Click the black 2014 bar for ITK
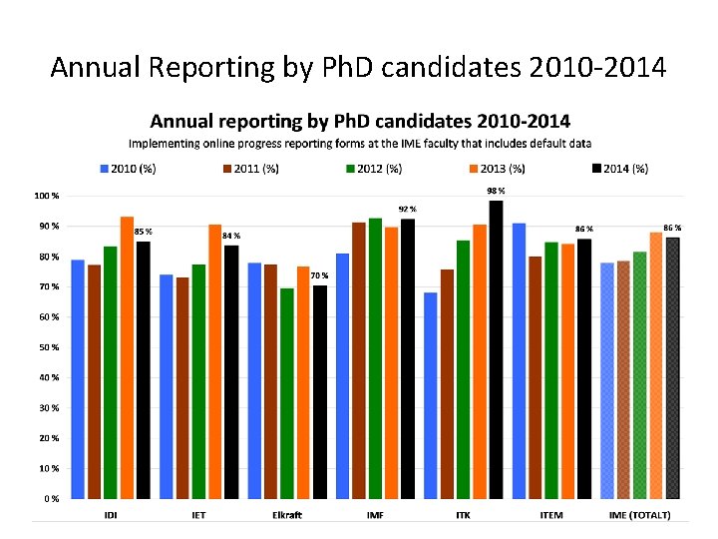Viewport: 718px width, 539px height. coord(496,349)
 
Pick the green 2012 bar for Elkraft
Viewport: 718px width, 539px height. coord(287,393)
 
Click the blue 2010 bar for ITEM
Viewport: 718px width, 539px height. coord(520,360)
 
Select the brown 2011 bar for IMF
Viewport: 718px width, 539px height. coord(359,360)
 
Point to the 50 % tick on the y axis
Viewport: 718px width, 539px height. coord(48,347)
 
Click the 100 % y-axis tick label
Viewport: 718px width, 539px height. coord(46,196)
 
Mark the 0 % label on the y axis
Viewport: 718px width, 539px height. coord(50,498)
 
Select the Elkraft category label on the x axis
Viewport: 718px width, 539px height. coord(287,515)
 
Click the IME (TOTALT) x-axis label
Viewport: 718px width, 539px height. coord(639,515)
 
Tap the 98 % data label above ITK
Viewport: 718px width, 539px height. coord(496,191)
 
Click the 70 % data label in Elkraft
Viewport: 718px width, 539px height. coord(319,275)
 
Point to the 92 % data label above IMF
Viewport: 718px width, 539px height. coord(407,209)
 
